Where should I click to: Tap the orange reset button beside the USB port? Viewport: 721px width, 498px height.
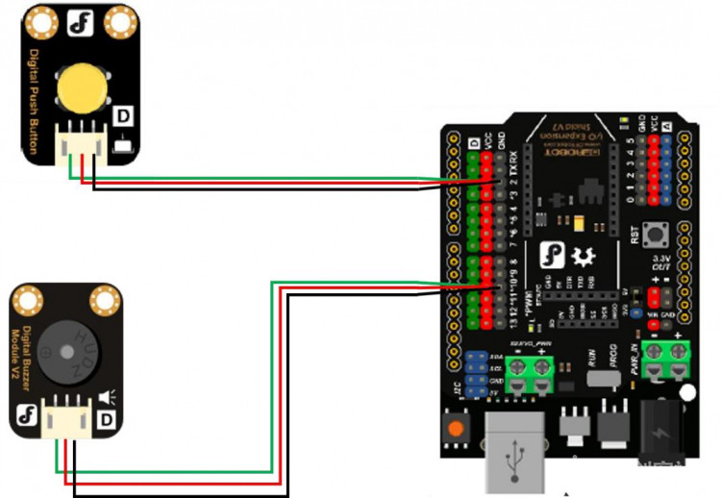point(456,428)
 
